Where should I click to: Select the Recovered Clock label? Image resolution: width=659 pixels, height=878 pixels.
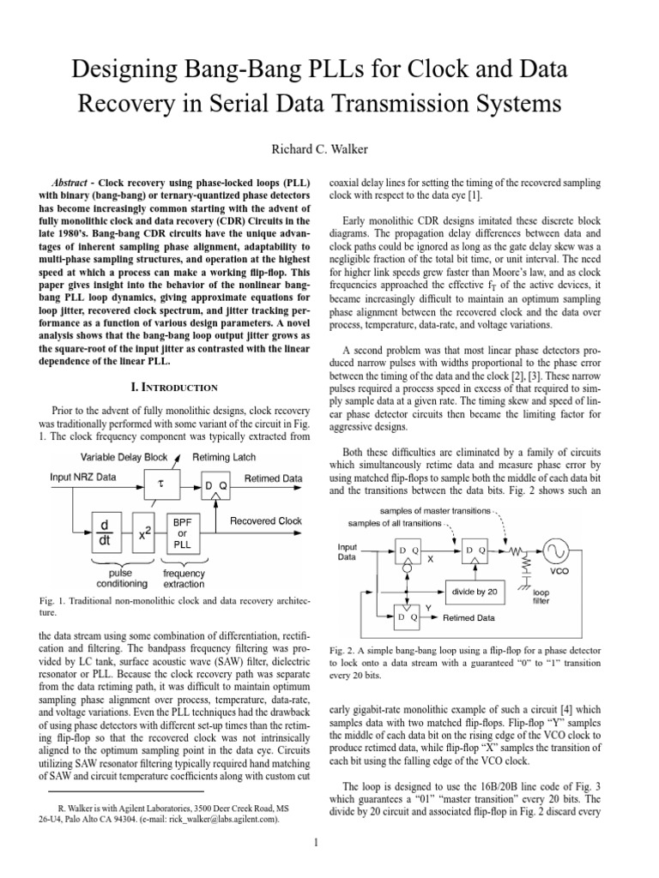[266, 520]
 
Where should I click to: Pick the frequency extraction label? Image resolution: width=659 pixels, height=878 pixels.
[184, 578]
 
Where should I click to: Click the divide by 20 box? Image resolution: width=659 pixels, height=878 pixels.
[475, 591]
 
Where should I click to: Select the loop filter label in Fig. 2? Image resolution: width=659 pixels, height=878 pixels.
[542, 597]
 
